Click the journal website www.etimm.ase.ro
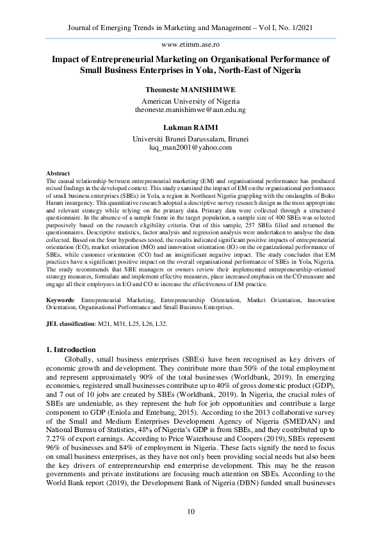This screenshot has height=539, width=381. pos(190,45)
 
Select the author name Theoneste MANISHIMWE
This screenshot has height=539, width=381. pos(190,90)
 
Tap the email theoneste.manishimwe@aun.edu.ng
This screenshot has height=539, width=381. pos(190,110)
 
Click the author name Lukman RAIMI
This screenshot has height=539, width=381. pos(190,127)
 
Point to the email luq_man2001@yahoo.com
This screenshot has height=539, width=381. pos(190,147)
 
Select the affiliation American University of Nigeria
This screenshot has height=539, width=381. pos(190,101)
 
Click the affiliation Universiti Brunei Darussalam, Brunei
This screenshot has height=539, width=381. pos(190,138)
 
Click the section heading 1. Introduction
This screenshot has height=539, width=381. pos(72,350)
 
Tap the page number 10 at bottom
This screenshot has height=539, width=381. pos(190,511)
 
